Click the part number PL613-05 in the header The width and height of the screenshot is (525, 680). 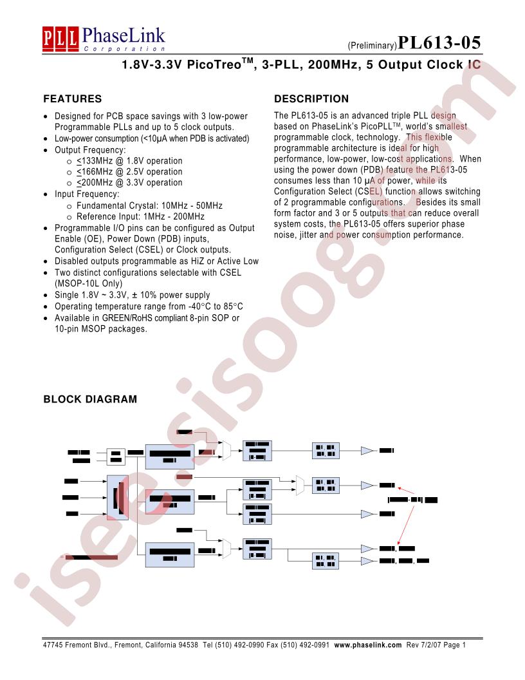pyautogui.click(x=438, y=43)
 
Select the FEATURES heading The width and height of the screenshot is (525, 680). pyautogui.click(x=72, y=99)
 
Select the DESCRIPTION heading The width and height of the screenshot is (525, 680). pyautogui.click(x=311, y=99)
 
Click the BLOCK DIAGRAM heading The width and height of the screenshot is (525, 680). pyautogui.click(x=90, y=399)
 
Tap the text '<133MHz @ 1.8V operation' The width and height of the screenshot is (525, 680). pyautogui.click(x=129, y=161)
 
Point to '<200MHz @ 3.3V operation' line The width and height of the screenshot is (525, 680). pyautogui.click(x=129, y=183)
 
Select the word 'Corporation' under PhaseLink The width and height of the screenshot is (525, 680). pyautogui.click(x=125, y=49)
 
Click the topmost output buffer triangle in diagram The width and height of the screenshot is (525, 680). pyautogui.click(x=367, y=450)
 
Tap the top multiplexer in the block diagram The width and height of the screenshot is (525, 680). pyautogui.click(x=226, y=451)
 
